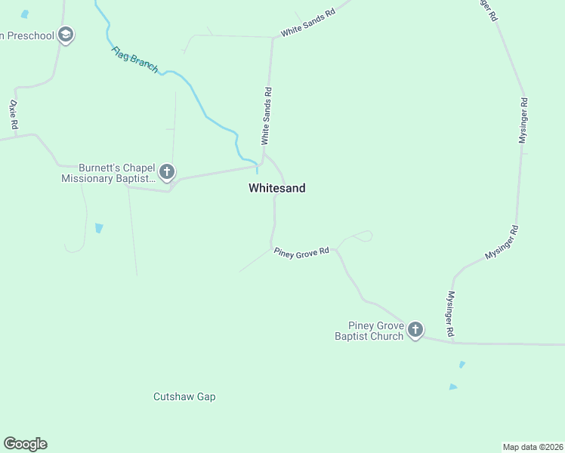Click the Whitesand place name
276,188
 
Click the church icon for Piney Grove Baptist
415,330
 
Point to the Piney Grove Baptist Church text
370,331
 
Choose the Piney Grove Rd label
302,251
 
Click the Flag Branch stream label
134,60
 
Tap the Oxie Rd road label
13,114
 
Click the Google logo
25,444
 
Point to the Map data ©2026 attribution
533,446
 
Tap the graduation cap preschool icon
66,35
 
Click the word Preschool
27,35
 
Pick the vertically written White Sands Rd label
266,116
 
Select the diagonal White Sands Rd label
307,23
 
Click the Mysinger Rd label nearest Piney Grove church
450,313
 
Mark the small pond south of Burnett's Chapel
99,228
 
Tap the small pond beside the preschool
25,14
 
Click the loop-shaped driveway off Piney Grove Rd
360,236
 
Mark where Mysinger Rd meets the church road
452,342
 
